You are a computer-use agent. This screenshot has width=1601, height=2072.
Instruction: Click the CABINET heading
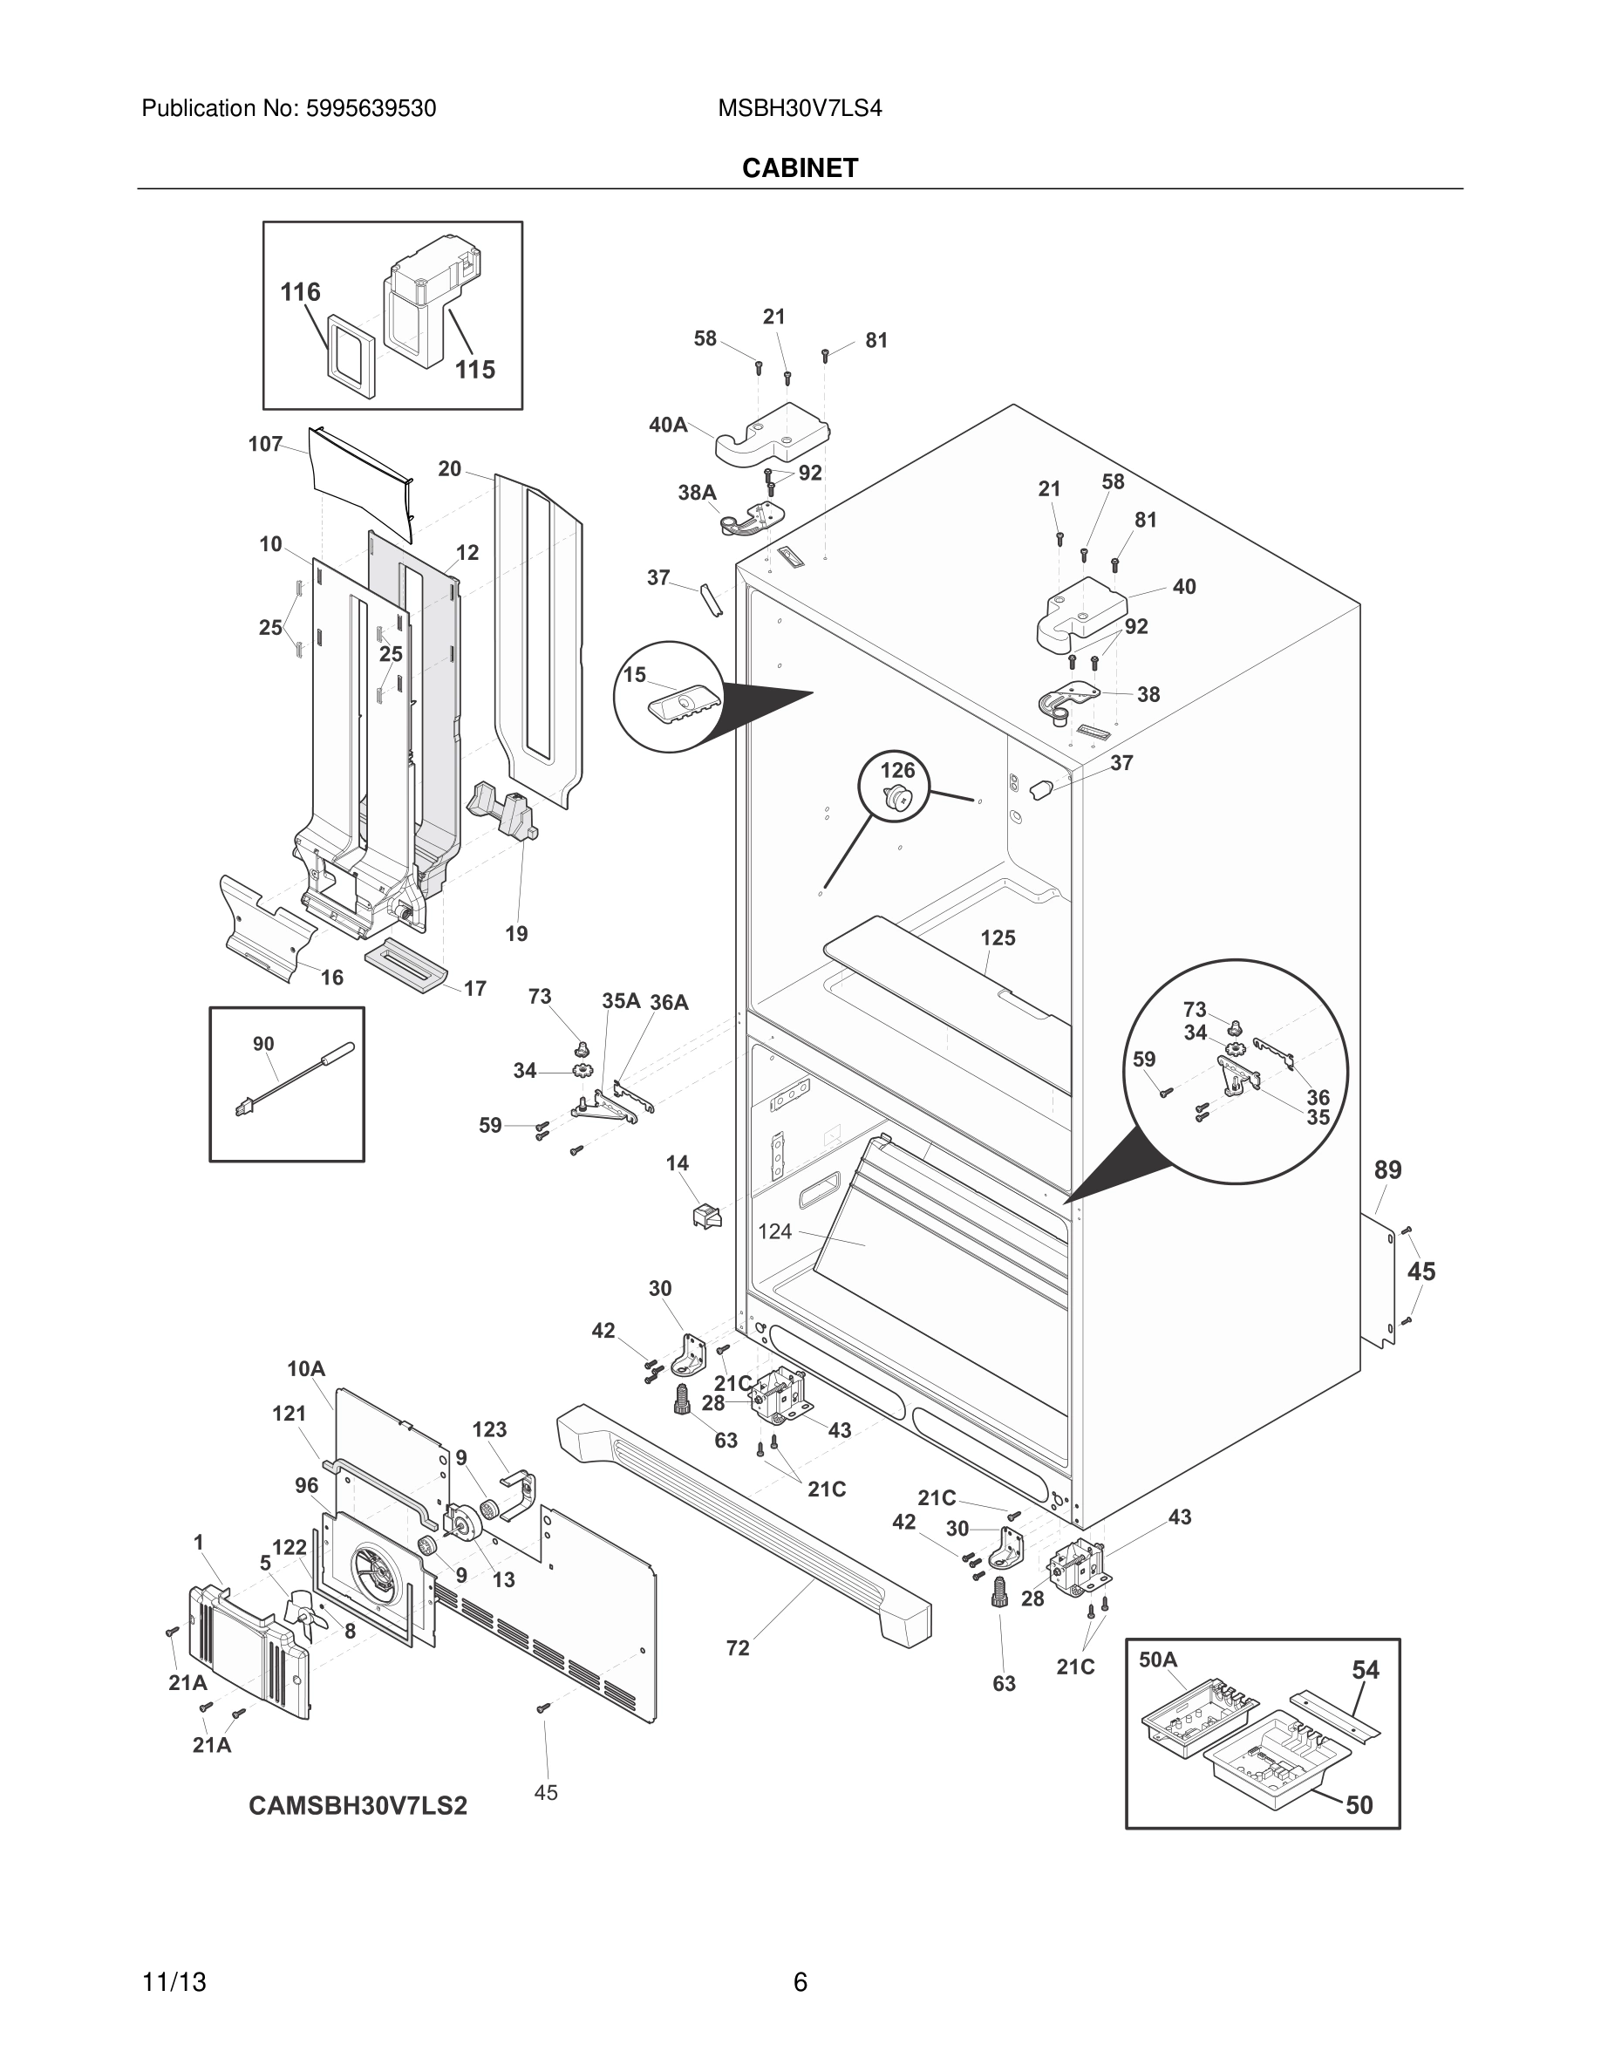(800, 168)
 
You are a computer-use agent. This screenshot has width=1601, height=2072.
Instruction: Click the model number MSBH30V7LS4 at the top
(799, 109)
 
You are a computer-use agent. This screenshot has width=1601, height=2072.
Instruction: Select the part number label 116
(300, 292)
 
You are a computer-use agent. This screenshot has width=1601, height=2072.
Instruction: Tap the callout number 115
(474, 369)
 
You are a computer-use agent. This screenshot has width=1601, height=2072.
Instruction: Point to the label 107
(266, 444)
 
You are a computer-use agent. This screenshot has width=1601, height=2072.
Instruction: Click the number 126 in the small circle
(897, 769)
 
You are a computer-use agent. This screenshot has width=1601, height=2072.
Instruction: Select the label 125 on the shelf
(997, 938)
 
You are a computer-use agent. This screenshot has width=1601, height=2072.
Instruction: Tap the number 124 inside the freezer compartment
(774, 1231)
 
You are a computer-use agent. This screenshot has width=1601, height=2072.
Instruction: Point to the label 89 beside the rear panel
(1386, 1169)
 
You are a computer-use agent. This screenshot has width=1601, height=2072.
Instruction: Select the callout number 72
(737, 1648)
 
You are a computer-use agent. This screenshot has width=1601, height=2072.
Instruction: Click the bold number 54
(1365, 1670)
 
